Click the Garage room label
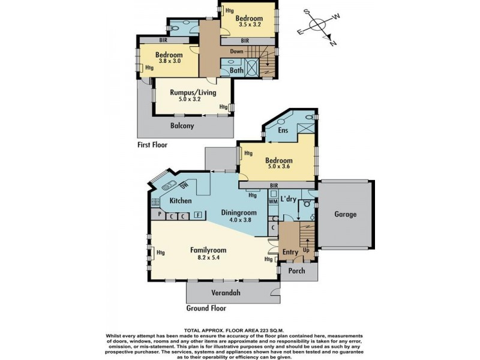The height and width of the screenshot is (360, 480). [345, 214]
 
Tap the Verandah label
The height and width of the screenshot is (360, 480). [226, 293]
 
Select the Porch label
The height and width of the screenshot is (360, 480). [296, 271]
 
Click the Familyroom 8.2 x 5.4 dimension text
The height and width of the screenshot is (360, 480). [209, 258]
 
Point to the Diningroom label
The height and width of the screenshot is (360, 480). [239, 213]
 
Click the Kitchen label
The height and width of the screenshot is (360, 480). [181, 201]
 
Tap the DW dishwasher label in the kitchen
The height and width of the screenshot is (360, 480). [184, 185]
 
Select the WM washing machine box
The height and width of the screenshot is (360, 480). [273, 202]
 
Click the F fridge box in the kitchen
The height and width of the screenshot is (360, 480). [199, 215]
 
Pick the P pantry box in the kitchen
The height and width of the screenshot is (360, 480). [160, 214]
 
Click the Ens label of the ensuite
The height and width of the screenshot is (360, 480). [283, 130]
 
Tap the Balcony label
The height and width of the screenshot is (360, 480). [182, 126]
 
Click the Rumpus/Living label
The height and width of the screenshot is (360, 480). [193, 92]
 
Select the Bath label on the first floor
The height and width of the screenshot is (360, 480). [236, 70]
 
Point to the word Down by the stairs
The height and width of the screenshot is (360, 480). [236, 52]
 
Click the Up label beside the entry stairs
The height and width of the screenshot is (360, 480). [306, 250]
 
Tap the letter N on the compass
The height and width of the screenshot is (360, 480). [333, 43]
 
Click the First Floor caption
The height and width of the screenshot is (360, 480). [152, 145]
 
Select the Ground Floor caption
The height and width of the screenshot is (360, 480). [206, 308]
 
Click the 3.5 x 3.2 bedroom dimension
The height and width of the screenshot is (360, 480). [250, 25]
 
